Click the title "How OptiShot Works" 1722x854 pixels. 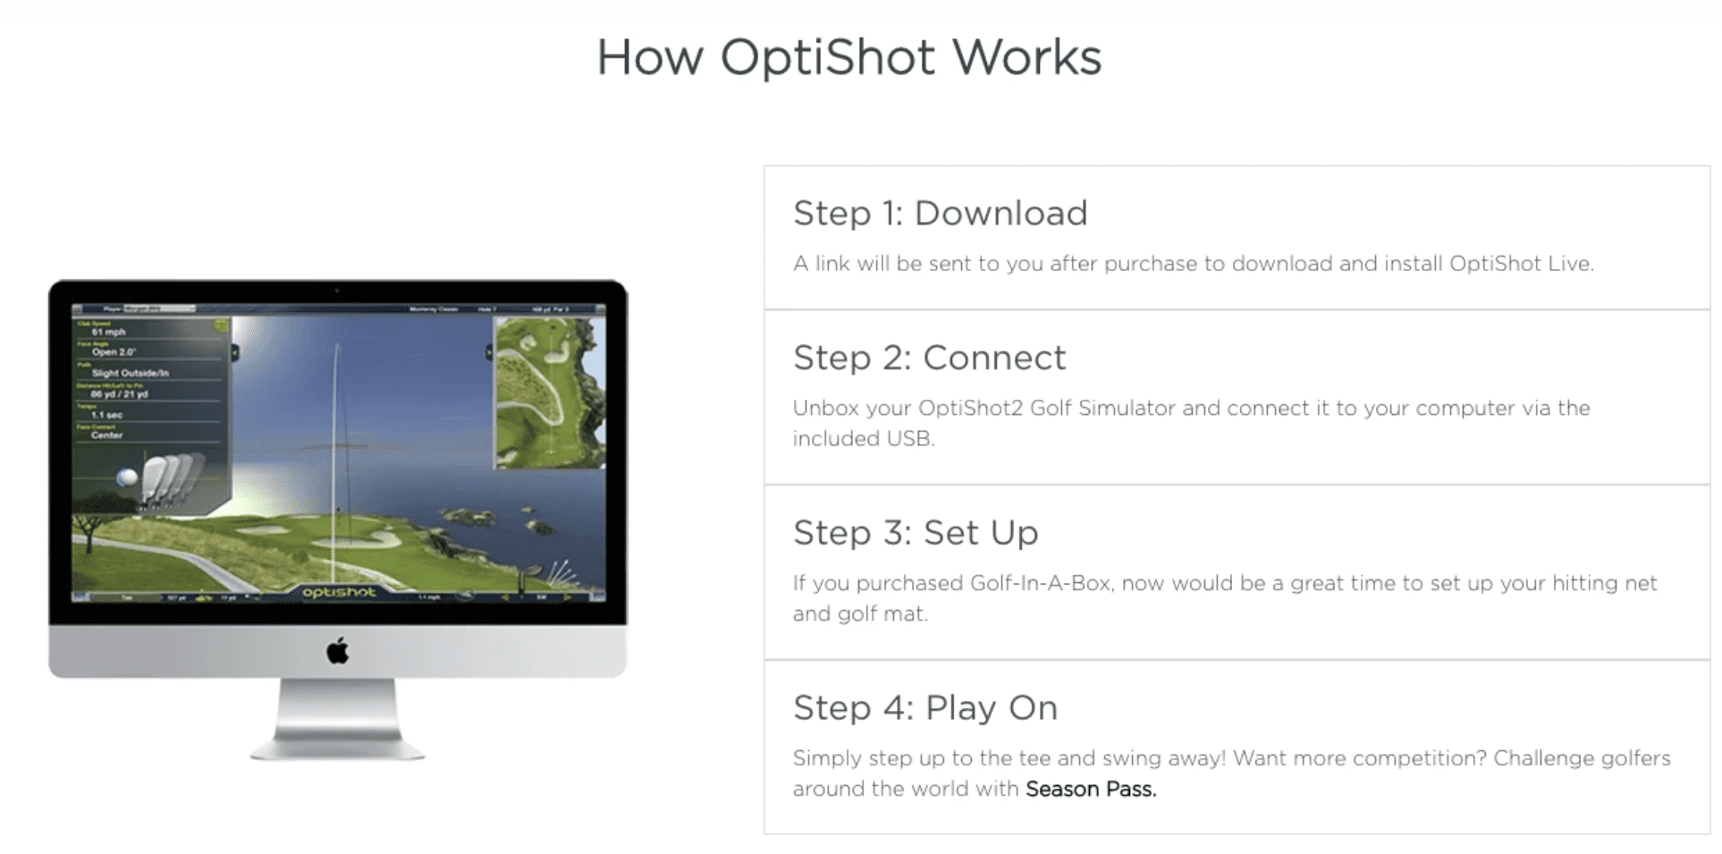point(848,57)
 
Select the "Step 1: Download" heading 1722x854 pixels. point(940,213)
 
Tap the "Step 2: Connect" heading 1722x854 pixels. point(929,358)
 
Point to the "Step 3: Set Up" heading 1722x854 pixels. point(916,533)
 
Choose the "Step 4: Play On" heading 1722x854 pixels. point(925,708)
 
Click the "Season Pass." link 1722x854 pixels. point(1091,789)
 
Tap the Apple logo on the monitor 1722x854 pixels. point(338,651)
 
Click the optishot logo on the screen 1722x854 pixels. point(339,592)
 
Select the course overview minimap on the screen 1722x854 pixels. point(550,393)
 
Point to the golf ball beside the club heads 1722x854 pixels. point(128,478)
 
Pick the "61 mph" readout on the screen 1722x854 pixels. point(109,332)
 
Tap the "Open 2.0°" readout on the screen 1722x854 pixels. point(114,352)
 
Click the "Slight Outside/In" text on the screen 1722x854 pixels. point(131,373)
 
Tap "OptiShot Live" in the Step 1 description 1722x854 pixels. point(1520,264)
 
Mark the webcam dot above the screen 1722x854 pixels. point(337,291)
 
